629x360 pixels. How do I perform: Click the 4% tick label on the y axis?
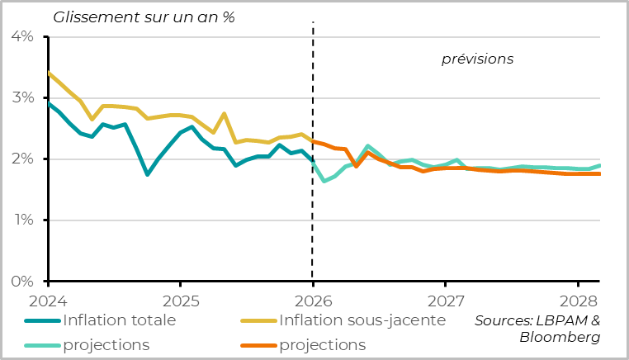21,37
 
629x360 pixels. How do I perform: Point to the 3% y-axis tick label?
21,98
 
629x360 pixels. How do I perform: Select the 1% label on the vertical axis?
21,220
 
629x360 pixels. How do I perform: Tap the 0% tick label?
21,282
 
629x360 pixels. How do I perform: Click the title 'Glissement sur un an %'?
144,17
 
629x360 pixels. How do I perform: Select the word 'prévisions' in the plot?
477,59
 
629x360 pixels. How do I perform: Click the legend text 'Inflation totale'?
119,320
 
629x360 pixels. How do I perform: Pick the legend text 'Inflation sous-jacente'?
362,320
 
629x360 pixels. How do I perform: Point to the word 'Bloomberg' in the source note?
560,337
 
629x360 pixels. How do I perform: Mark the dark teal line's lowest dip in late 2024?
147,174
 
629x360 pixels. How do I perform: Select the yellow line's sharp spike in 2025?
225,114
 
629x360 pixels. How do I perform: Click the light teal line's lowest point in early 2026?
324,181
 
